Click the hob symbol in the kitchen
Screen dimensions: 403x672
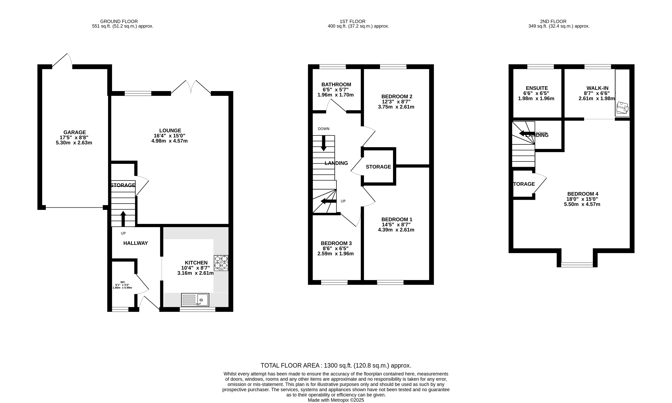point(221,263)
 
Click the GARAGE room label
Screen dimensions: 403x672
point(75,132)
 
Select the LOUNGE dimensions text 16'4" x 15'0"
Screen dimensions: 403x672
point(170,136)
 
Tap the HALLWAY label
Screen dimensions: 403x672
point(135,243)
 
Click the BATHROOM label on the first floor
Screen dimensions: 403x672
point(336,85)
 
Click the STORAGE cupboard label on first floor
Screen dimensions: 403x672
point(378,167)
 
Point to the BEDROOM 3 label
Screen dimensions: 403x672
point(336,243)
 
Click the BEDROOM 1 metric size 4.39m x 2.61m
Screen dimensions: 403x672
point(396,230)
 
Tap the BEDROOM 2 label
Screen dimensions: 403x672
point(396,96)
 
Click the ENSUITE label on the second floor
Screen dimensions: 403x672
point(537,88)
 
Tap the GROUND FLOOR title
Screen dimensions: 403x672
point(119,21)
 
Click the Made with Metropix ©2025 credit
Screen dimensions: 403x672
point(336,400)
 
